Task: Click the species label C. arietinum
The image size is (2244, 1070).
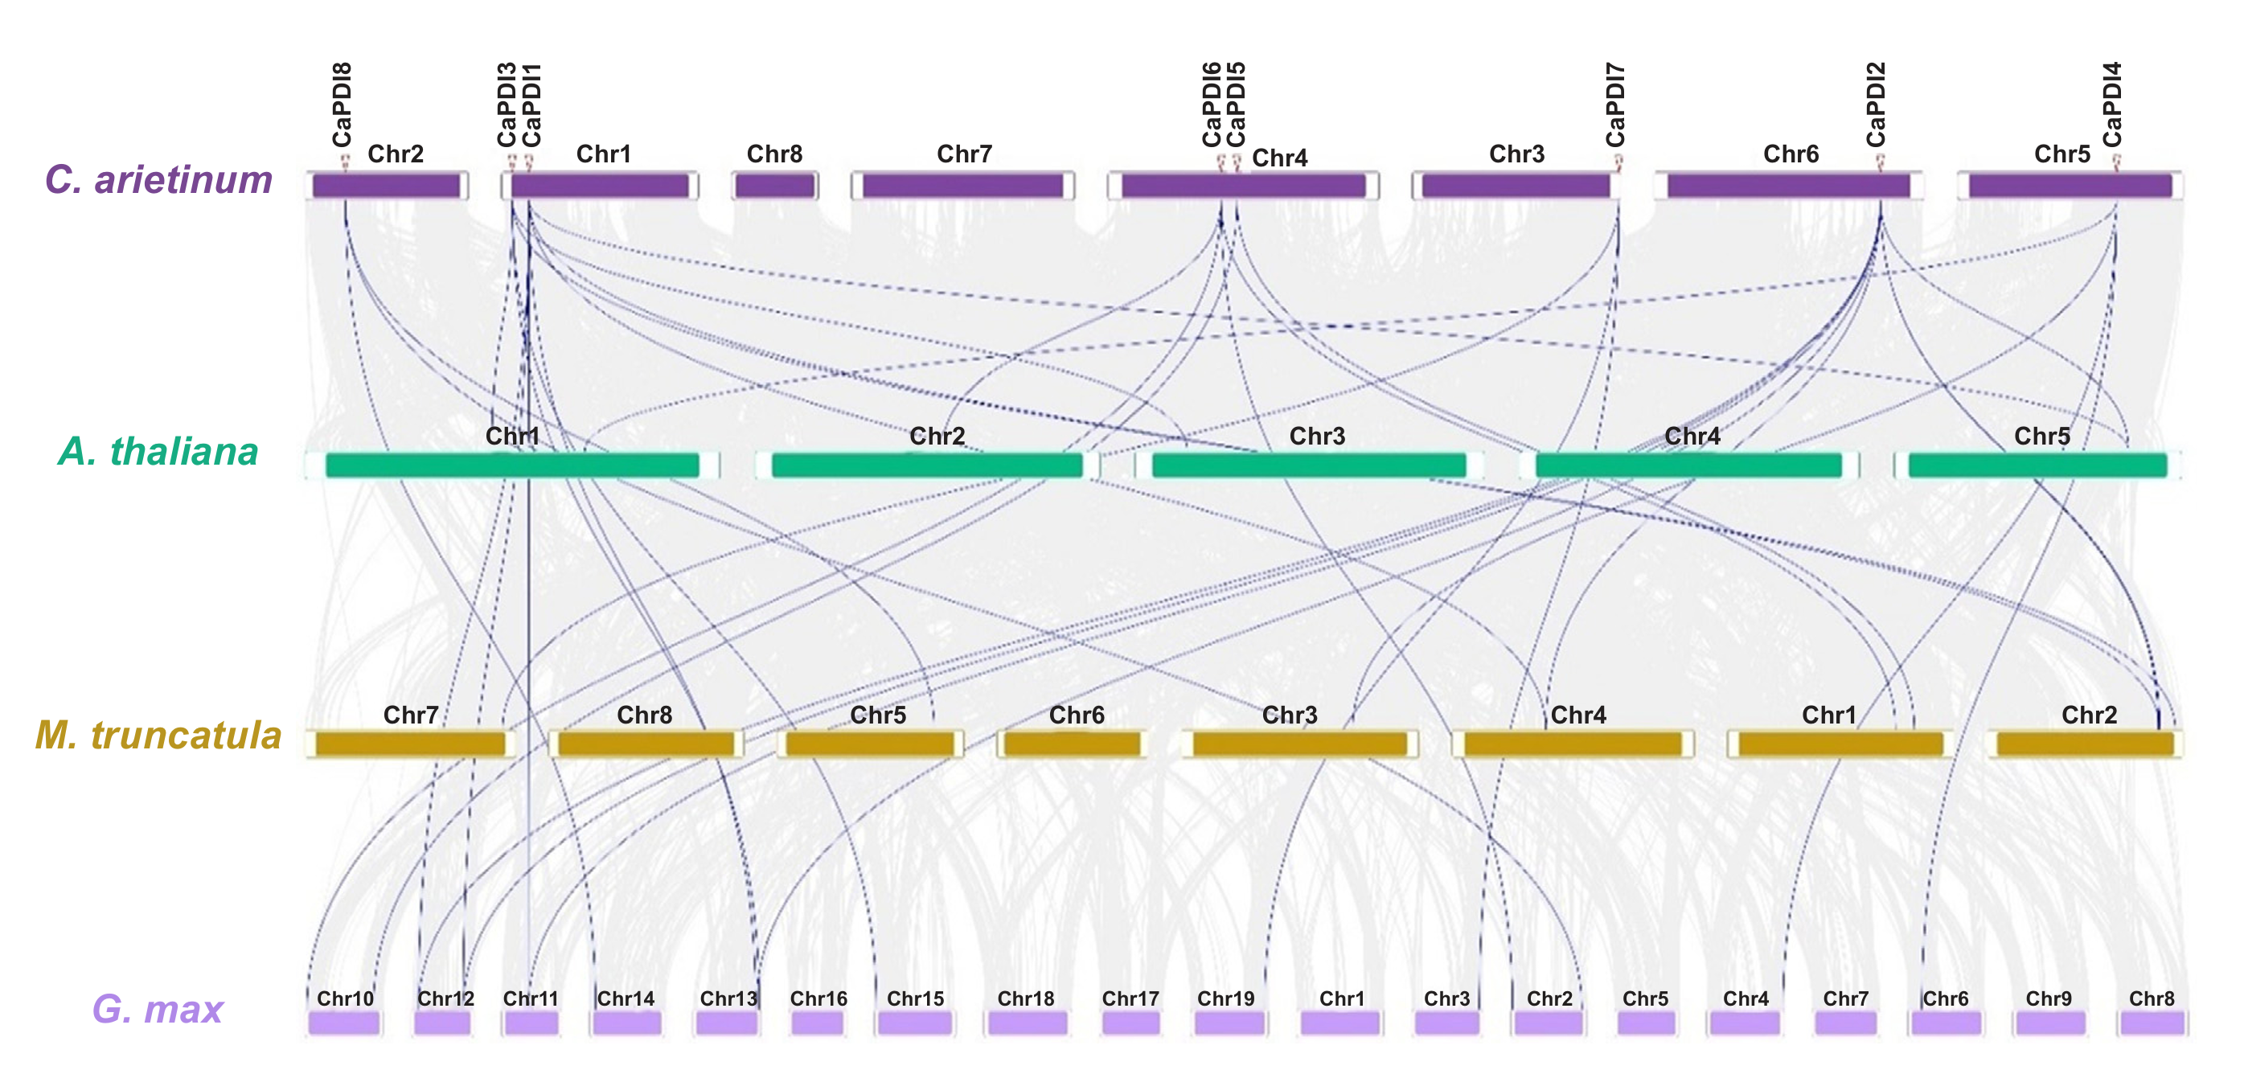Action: click(158, 179)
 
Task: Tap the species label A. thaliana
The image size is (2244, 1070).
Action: click(158, 451)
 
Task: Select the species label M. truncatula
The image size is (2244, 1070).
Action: click(158, 736)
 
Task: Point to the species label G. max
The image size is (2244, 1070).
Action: click(158, 1009)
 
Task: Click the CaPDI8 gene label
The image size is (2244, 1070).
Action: click(343, 105)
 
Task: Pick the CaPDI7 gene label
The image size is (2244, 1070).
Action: click(1615, 105)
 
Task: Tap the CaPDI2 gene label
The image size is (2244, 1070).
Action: click(1877, 105)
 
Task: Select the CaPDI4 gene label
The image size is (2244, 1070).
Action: click(2112, 105)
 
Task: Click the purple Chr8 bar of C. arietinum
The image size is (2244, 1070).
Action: click(775, 186)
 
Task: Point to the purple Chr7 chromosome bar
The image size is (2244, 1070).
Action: click(962, 186)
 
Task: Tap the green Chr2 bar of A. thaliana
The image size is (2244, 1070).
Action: click(927, 465)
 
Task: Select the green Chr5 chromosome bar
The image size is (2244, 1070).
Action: click(2037, 465)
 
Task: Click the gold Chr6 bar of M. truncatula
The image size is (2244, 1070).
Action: click(1072, 744)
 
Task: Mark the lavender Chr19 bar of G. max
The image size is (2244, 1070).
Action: click(1229, 1023)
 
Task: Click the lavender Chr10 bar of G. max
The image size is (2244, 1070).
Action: click(344, 1023)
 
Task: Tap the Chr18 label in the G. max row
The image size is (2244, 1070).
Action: click(1026, 998)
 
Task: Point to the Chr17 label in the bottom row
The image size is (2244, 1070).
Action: click(1130, 998)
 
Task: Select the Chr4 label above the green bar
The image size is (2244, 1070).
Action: click(1692, 436)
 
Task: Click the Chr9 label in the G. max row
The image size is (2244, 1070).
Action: click(2049, 998)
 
